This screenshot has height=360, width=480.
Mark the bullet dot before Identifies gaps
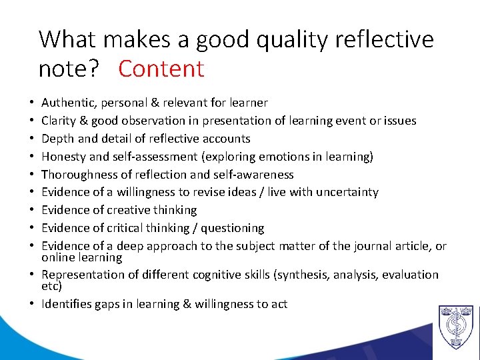pos(32,305)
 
